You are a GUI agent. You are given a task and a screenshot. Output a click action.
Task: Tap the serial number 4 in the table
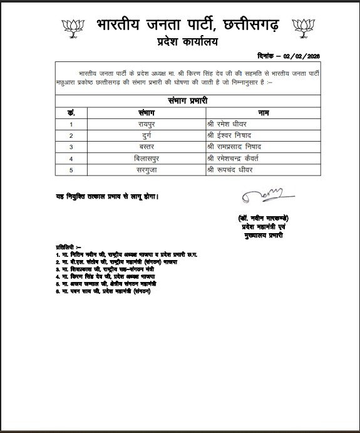point(71,157)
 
